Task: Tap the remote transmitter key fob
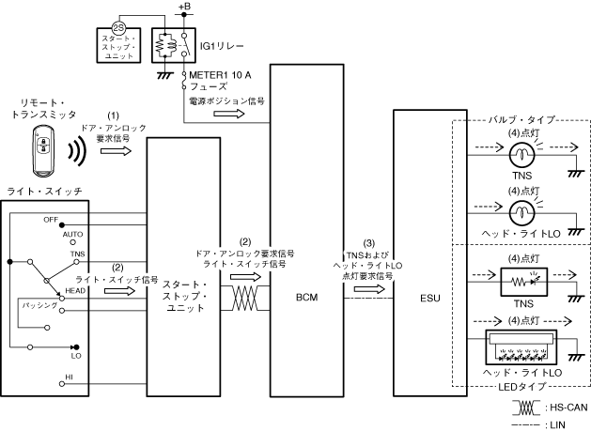click(43, 150)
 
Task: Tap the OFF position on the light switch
click(51, 219)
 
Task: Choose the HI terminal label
click(69, 377)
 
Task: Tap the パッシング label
click(40, 307)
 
